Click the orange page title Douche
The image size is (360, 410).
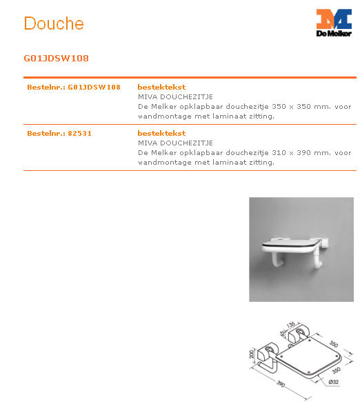54,23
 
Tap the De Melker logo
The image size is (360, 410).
334,23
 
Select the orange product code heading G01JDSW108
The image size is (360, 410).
56,59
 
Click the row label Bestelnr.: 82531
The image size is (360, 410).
59,133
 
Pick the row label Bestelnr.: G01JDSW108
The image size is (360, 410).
74,88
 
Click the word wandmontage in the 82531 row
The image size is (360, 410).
161,163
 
